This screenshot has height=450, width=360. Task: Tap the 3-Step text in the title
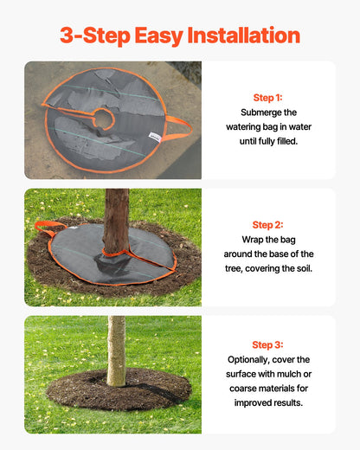pyautogui.click(x=89, y=35)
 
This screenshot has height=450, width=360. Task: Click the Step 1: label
pyautogui.click(x=267, y=98)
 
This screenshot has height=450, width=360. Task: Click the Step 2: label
pyautogui.click(x=267, y=225)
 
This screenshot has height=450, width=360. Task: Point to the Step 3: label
pyautogui.click(x=267, y=344)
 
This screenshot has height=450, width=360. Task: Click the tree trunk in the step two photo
pyautogui.click(x=115, y=221)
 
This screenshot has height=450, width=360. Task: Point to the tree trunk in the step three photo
pyautogui.click(x=116, y=350)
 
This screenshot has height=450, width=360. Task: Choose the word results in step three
pyautogui.click(x=289, y=402)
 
